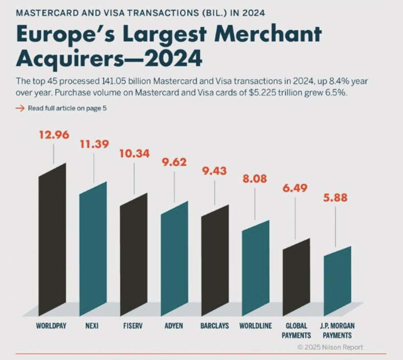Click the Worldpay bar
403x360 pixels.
pos(53,240)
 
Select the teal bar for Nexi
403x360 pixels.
pos(93,251)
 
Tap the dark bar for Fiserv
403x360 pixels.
pos(133,256)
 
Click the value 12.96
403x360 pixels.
pos(54,135)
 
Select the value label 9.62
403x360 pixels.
pos(174,163)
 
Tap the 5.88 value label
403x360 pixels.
pos(335,196)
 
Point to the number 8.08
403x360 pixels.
pos(255,179)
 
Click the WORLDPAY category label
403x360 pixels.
pos(52,326)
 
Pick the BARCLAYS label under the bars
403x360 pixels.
pos(215,326)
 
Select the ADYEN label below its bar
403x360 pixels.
pos(174,326)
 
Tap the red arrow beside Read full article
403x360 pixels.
pos(20,108)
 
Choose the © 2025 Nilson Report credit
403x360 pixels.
pos(330,347)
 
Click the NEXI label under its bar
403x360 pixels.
pos(93,326)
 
